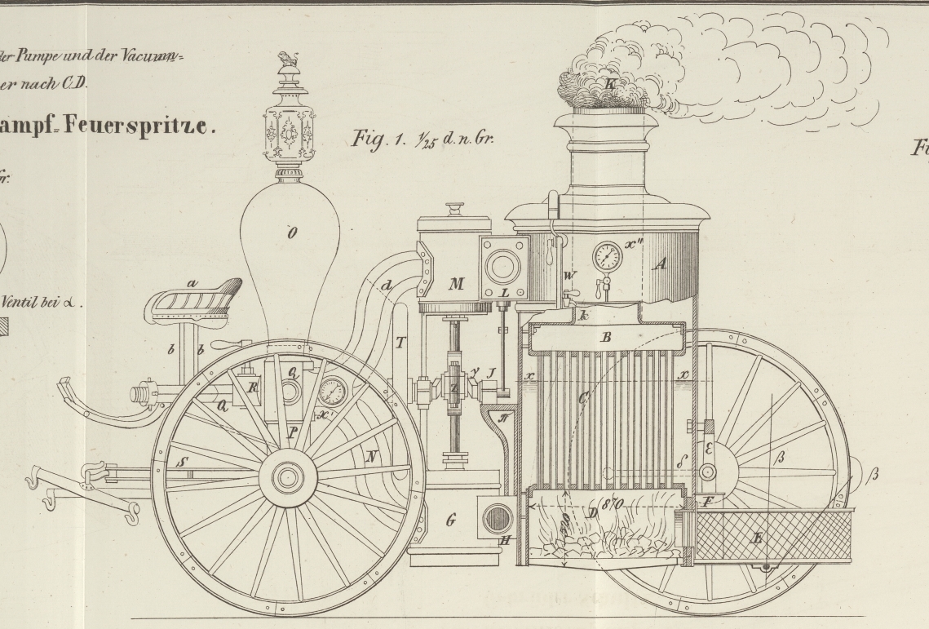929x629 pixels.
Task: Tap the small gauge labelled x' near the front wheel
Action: (x=332, y=393)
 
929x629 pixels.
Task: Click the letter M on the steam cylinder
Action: (x=456, y=285)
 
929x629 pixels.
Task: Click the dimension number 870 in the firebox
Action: (x=612, y=507)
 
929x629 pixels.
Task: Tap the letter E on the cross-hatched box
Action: (x=758, y=538)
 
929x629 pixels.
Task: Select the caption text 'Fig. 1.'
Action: (x=374, y=139)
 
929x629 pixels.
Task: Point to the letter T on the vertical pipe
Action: (x=400, y=343)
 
